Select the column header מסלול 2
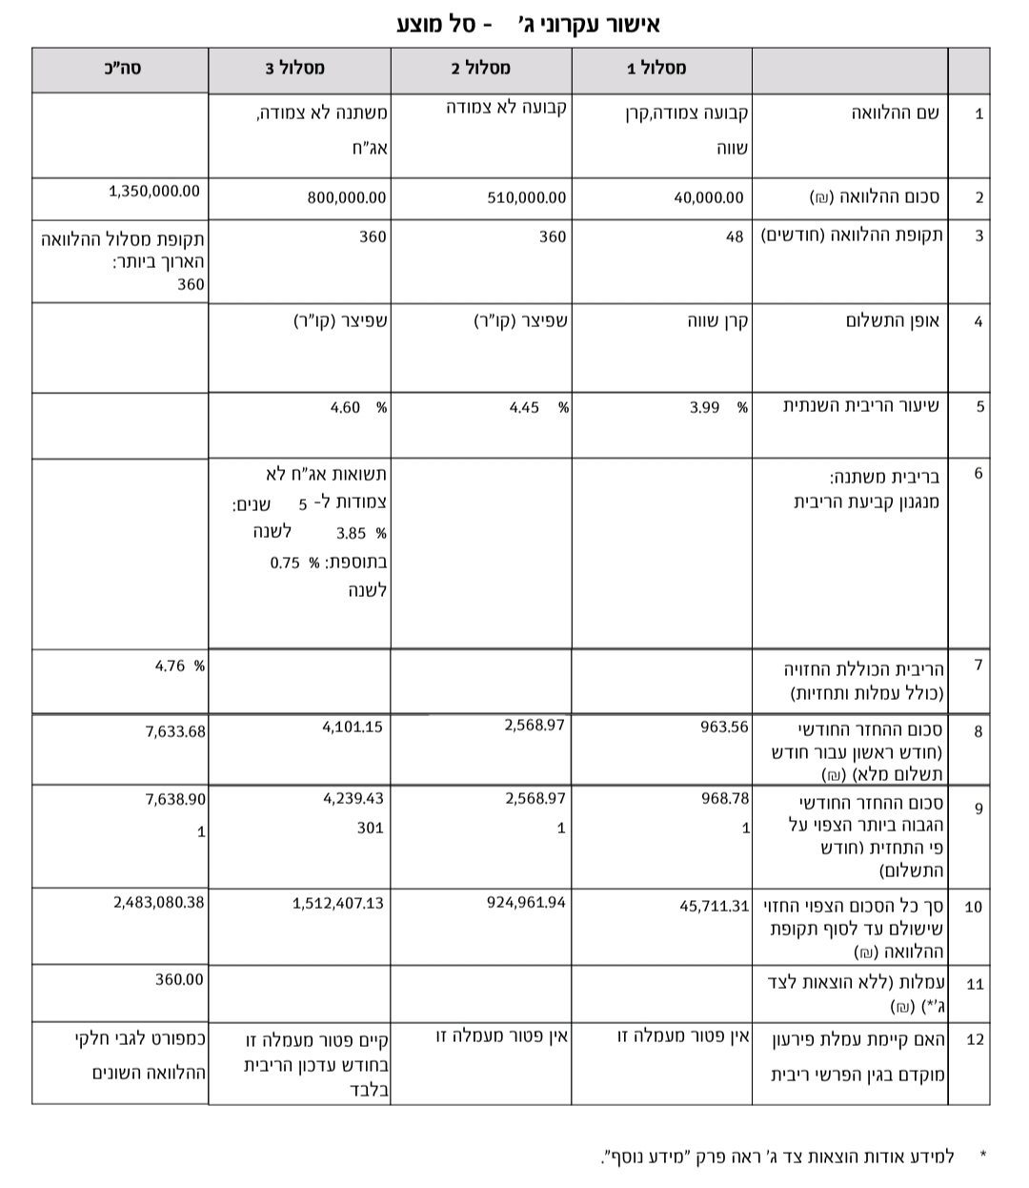tap(480, 68)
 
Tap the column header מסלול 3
tap(294, 68)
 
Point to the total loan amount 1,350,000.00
tap(154, 191)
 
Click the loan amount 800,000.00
tap(347, 198)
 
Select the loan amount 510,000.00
tap(526, 198)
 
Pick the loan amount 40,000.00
tap(708, 198)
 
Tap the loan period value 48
tap(735, 236)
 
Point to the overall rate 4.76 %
tap(179, 666)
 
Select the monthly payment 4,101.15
tap(353, 727)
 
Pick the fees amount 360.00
tap(179, 979)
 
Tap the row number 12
tap(974, 1038)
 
